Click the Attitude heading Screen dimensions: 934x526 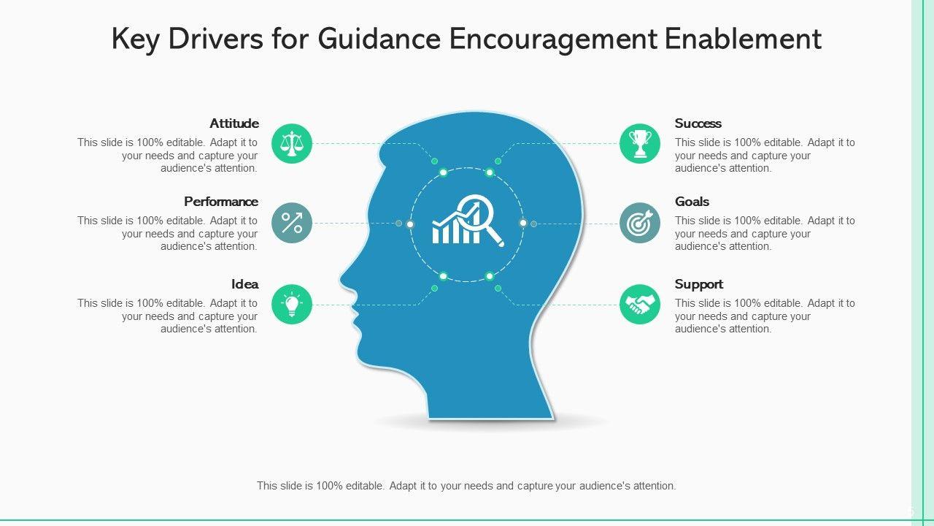[234, 123]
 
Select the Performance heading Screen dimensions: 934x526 [221, 202]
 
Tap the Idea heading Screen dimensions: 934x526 [245, 284]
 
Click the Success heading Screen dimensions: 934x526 [698, 123]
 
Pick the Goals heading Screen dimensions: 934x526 [692, 202]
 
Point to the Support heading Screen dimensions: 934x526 [699, 284]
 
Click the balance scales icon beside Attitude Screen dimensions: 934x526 [292, 144]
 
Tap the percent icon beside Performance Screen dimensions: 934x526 [292, 223]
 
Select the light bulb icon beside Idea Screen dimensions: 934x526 [292, 305]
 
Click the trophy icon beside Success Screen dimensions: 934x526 [640, 144]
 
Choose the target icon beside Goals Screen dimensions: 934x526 [640, 223]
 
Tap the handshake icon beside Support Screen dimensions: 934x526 [640, 305]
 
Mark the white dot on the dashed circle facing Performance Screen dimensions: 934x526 [410, 224]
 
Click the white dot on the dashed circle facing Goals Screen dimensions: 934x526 [522, 223]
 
